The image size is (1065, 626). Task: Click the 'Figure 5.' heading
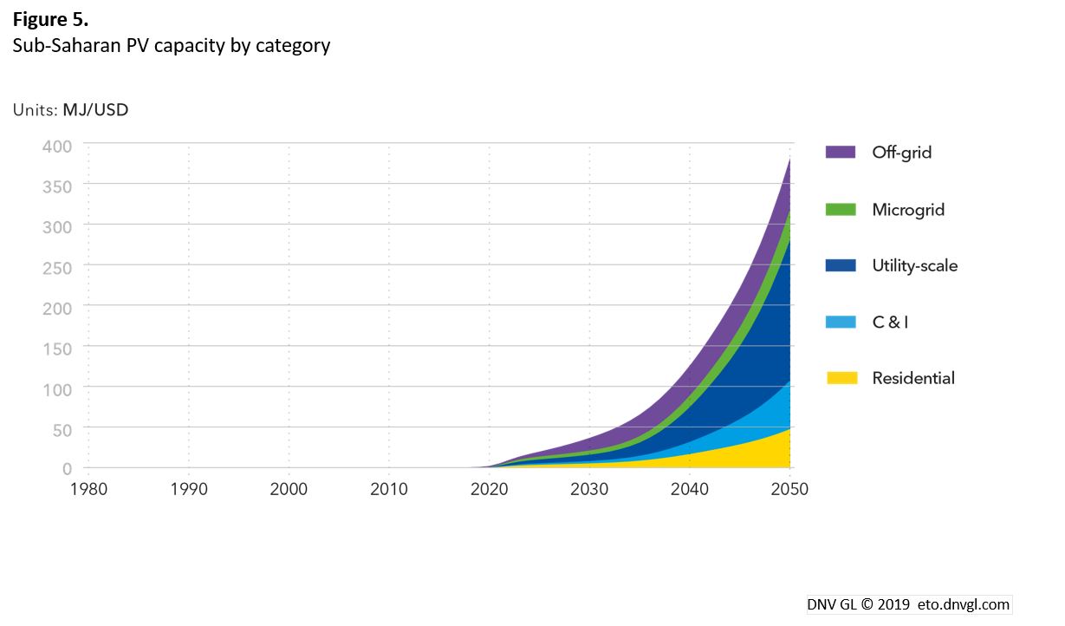coord(50,19)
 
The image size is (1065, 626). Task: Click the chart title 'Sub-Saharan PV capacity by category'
coord(171,45)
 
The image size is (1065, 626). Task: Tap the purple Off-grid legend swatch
coord(841,153)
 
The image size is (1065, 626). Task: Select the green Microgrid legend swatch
coord(841,209)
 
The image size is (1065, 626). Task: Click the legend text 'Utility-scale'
coord(914,266)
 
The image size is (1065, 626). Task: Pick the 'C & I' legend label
coord(890,322)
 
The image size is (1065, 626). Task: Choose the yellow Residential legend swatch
coord(841,378)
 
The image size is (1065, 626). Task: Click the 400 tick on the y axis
coord(56,145)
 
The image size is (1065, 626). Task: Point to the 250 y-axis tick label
coord(56,266)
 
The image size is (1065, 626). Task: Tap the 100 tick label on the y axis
coord(56,388)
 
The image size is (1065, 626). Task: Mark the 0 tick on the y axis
coord(67,469)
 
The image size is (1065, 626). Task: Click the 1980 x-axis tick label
coord(88,490)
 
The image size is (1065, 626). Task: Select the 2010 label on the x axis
coord(389,490)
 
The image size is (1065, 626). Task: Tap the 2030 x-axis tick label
coord(589,490)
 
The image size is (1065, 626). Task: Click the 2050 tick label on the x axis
coord(789,490)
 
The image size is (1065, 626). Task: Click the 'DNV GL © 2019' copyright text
coord(855,604)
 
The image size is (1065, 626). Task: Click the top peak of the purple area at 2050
coord(789,160)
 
